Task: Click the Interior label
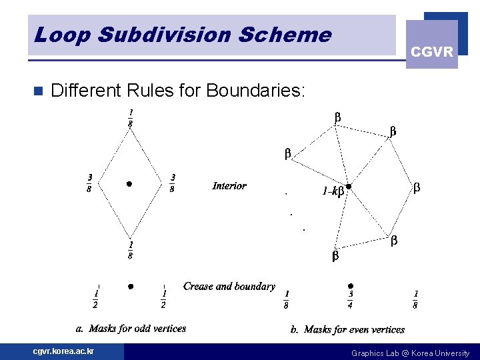coord(229,186)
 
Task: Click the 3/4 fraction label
coord(351,299)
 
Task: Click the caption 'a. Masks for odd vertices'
coord(131,328)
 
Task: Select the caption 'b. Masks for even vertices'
coord(347,329)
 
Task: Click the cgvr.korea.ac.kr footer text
coord(64,351)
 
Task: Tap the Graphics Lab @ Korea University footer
coord(410,353)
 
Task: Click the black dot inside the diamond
coord(129,183)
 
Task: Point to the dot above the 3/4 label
coord(351,285)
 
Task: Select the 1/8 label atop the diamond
coord(130,117)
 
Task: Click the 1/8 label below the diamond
coord(130,251)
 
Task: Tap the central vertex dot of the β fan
coord(348,187)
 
